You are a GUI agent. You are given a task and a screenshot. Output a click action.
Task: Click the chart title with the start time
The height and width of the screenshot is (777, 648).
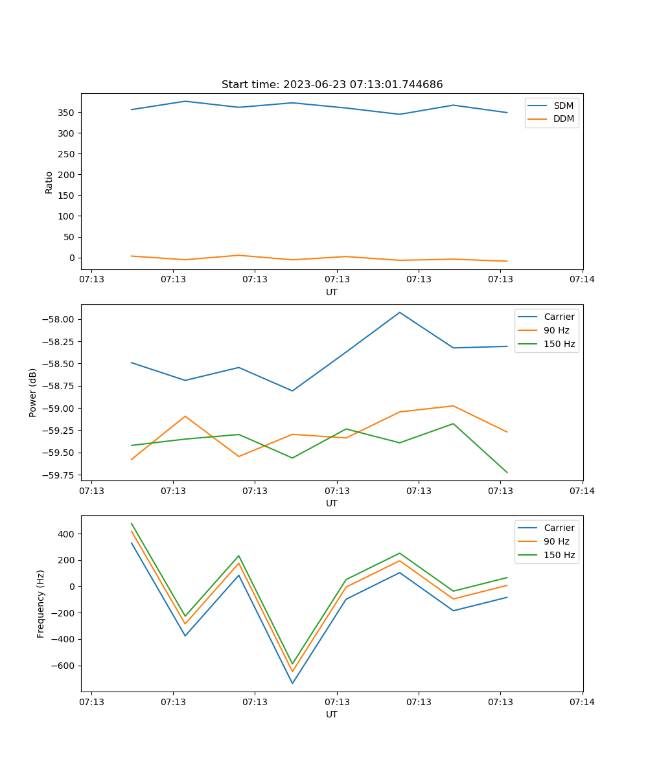332,84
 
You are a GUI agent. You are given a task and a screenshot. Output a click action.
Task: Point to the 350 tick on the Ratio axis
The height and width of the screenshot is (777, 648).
66,113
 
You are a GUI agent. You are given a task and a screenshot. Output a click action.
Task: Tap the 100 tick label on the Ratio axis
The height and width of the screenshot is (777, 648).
66,216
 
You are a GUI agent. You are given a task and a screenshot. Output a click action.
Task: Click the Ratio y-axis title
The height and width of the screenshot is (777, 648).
49,183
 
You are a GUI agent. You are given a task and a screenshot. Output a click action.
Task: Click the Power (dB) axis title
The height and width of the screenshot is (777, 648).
33,392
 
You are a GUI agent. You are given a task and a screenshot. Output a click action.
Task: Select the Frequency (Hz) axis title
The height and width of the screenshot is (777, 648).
40,604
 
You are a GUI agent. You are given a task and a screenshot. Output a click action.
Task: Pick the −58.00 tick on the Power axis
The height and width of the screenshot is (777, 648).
58,319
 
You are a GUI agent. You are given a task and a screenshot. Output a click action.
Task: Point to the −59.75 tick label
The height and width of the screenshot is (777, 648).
58,475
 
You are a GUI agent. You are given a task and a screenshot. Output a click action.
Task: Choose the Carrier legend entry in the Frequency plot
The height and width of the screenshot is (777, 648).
546,528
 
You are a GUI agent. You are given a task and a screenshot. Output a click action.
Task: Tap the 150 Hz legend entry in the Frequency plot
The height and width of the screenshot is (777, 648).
546,555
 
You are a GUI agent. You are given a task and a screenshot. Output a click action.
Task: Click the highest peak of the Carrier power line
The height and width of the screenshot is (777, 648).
400,312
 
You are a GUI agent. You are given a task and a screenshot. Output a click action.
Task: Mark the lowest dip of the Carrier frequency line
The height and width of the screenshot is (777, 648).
292,683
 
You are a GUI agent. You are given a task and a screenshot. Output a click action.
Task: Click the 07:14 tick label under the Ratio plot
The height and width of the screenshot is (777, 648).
582,279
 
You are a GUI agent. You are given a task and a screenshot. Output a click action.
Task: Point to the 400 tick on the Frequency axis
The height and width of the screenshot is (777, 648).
66,534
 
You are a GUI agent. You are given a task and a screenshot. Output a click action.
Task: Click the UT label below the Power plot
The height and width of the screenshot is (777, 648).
331,503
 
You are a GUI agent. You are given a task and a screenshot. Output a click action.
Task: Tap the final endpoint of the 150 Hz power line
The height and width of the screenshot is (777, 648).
507,473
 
